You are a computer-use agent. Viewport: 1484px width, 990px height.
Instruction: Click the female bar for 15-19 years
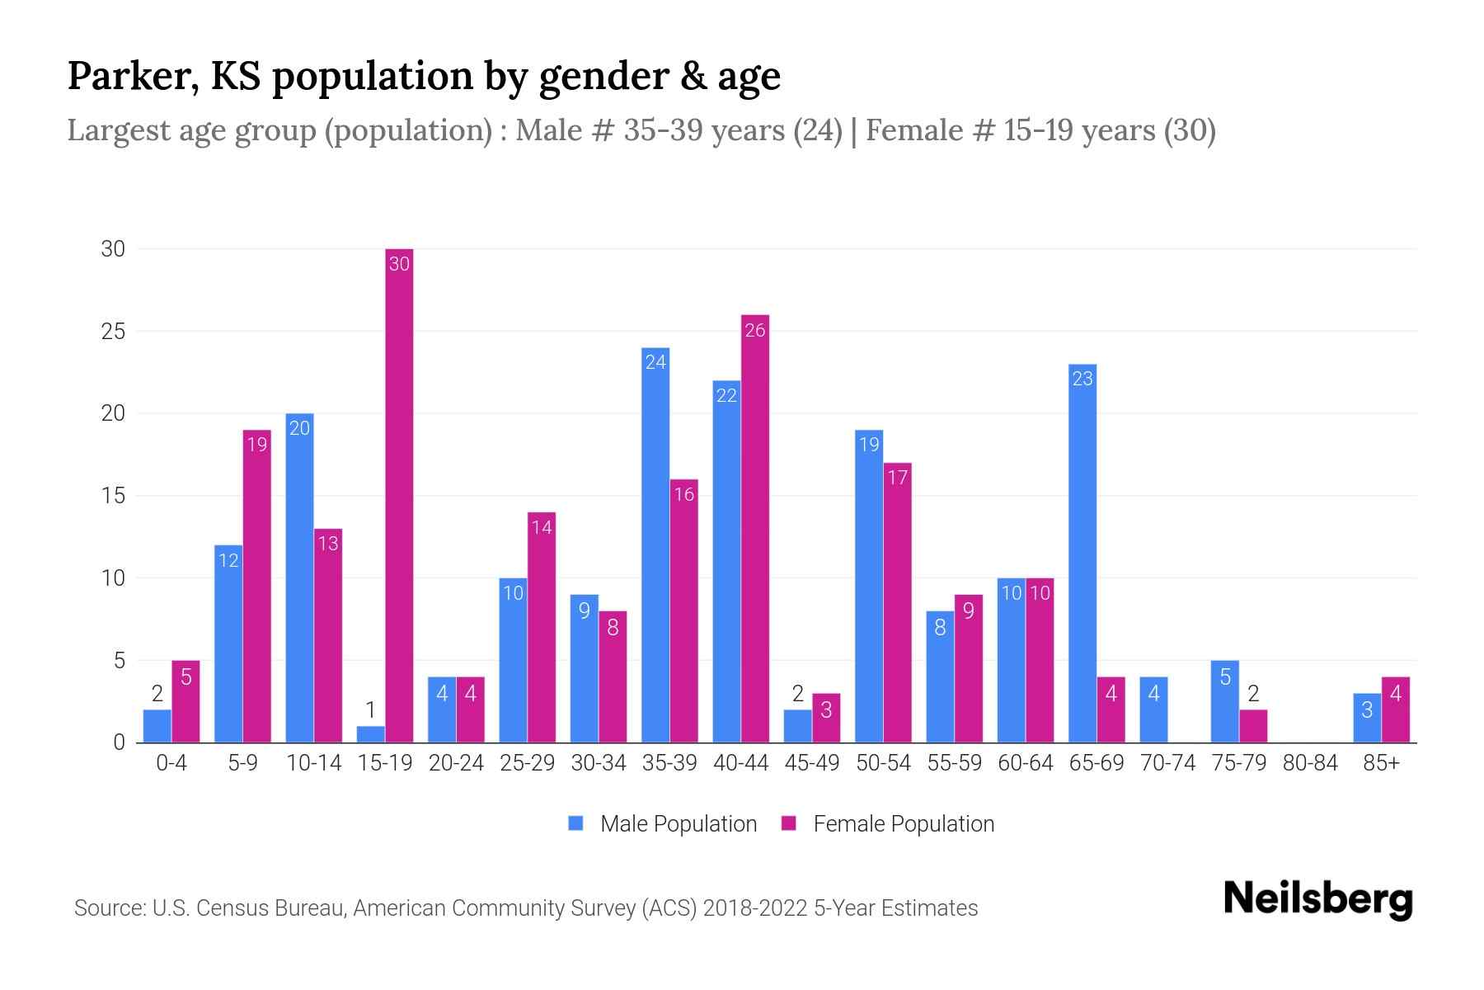(x=399, y=495)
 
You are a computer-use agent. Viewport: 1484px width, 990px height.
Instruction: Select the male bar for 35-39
(x=655, y=544)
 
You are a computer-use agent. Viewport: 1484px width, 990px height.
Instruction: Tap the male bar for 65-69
(x=1082, y=553)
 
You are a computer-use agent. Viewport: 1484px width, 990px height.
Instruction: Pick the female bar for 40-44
(x=755, y=528)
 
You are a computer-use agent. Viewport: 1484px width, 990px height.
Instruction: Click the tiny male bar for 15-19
(x=371, y=734)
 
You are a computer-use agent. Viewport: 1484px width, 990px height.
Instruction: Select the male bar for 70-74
(x=1153, y=709)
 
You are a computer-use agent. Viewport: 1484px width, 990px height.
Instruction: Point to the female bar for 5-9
(x=257, y=586)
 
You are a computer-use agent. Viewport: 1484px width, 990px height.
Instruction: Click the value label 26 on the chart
(x=755, y=331)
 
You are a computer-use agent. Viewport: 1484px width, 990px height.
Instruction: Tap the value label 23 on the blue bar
(x=1082, y=379)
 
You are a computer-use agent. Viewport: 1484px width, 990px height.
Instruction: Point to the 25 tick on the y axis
(x=113, y=332)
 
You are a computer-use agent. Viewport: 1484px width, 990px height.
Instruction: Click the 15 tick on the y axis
(x=113, y=496)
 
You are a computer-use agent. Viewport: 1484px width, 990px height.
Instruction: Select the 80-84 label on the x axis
(x=1310, y=763)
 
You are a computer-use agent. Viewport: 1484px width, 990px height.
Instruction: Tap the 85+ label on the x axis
(x=1381, y=763)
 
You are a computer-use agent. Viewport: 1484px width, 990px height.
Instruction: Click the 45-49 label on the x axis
(x=812, y=763)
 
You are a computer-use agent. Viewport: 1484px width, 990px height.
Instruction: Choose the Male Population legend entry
(x=664, y=824)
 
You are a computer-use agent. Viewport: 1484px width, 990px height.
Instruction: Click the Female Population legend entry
(x=889, y=824)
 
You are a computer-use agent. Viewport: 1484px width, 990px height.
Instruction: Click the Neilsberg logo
(x=1318, y=899)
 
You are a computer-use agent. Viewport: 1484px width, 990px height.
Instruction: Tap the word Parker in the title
(x=132, y=76)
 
